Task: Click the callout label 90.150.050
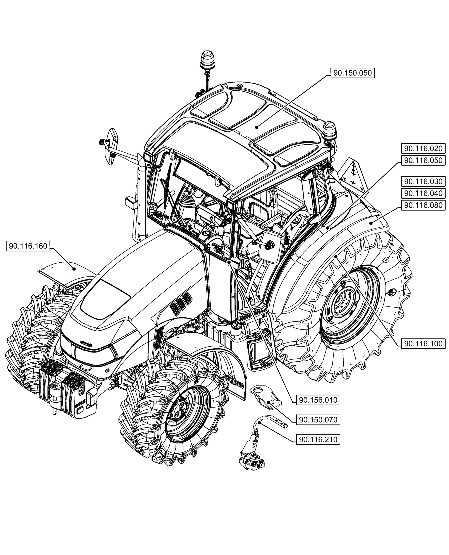click(352, 73)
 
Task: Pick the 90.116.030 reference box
click(423, 181)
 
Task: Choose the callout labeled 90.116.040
click(423, 193)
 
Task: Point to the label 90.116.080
click(423, 205)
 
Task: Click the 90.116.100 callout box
click(423, 344)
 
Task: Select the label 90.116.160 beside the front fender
click(28, 246)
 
